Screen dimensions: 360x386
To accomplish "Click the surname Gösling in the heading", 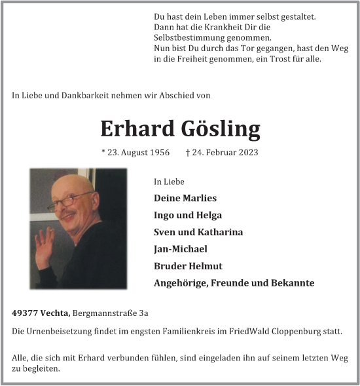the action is tap(219, 129).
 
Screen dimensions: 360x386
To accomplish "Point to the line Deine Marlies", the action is tap(185, 198).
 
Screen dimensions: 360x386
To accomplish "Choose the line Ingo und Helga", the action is tap(188, 215).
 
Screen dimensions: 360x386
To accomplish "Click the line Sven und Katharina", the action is tap(198, 232).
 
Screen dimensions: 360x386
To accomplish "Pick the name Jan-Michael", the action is tap(181, 249).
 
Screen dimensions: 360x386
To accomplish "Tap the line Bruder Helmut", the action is tap(188, 266).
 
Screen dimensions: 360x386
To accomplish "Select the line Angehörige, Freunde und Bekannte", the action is tap(234, 283).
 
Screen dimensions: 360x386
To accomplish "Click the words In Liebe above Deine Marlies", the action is tap(169, 182).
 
